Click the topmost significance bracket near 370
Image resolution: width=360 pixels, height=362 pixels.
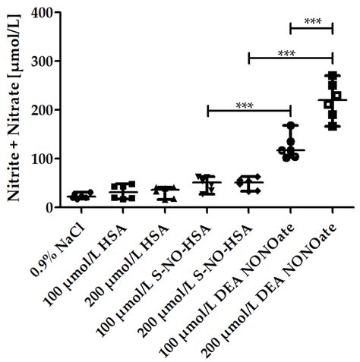(311, 28)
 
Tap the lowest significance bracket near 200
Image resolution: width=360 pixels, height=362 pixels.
(249, 110)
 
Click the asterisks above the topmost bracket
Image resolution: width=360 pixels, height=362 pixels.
(312, 21)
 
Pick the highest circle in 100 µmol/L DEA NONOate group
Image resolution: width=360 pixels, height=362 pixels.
(289, 125)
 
